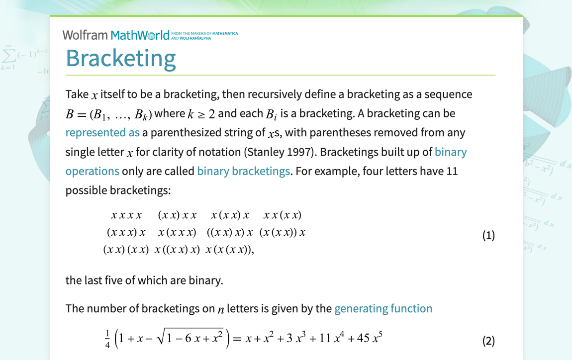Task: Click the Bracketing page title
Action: (121, 58)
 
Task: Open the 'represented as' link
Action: (102, 133)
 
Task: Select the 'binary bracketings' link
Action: (243, 171)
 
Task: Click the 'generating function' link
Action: (383, 309)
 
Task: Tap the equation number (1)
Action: (488, 235)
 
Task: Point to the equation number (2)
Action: (488, 341)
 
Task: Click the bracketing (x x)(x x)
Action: (126, 250)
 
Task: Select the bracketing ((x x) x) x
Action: (230, 233)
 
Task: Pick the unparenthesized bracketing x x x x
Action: (126, 215)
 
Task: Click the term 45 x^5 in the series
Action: (370, 339)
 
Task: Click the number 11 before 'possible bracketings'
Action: (452, 171)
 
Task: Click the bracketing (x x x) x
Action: (126, 233)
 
